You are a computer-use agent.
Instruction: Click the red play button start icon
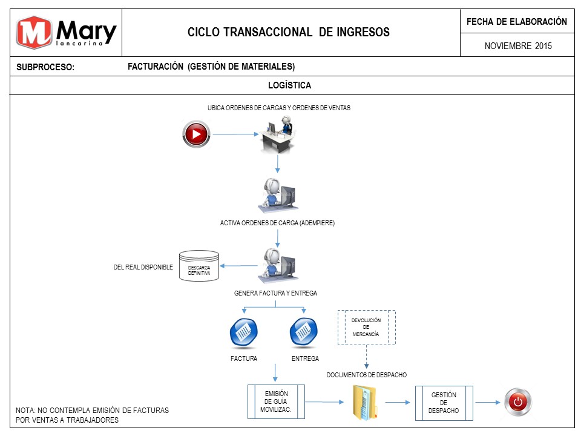pos(196,134)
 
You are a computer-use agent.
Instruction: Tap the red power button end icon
pos(518,402)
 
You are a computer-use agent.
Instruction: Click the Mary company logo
pos(67,33)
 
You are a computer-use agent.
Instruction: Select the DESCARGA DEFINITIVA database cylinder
pos(199,266)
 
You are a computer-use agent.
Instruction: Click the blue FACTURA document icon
pos(243,332)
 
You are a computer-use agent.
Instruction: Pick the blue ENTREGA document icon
pos(303,332)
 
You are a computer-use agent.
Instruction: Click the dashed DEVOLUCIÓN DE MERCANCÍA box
pos(367,328)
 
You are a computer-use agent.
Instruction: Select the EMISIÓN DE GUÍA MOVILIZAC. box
pos(276,401)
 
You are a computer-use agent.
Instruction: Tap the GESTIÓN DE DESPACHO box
pos(444,403)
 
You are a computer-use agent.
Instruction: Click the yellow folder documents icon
pos(364,403)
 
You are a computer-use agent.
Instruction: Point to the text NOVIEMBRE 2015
pos(518,46)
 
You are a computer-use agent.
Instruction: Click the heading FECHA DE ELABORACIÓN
pos(517,22)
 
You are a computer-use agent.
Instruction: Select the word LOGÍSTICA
pos(290,85)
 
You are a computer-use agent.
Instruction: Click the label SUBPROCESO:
pos(45,67)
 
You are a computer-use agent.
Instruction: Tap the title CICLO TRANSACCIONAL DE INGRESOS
pos(288,32)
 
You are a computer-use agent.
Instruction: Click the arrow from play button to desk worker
pos(235,134)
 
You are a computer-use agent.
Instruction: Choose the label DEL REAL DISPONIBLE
pos(143,267)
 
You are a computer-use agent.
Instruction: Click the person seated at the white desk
pos(278,134)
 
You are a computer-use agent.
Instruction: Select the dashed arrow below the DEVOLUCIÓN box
pos(367,357)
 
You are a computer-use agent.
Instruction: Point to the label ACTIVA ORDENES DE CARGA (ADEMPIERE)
pos(277,223)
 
